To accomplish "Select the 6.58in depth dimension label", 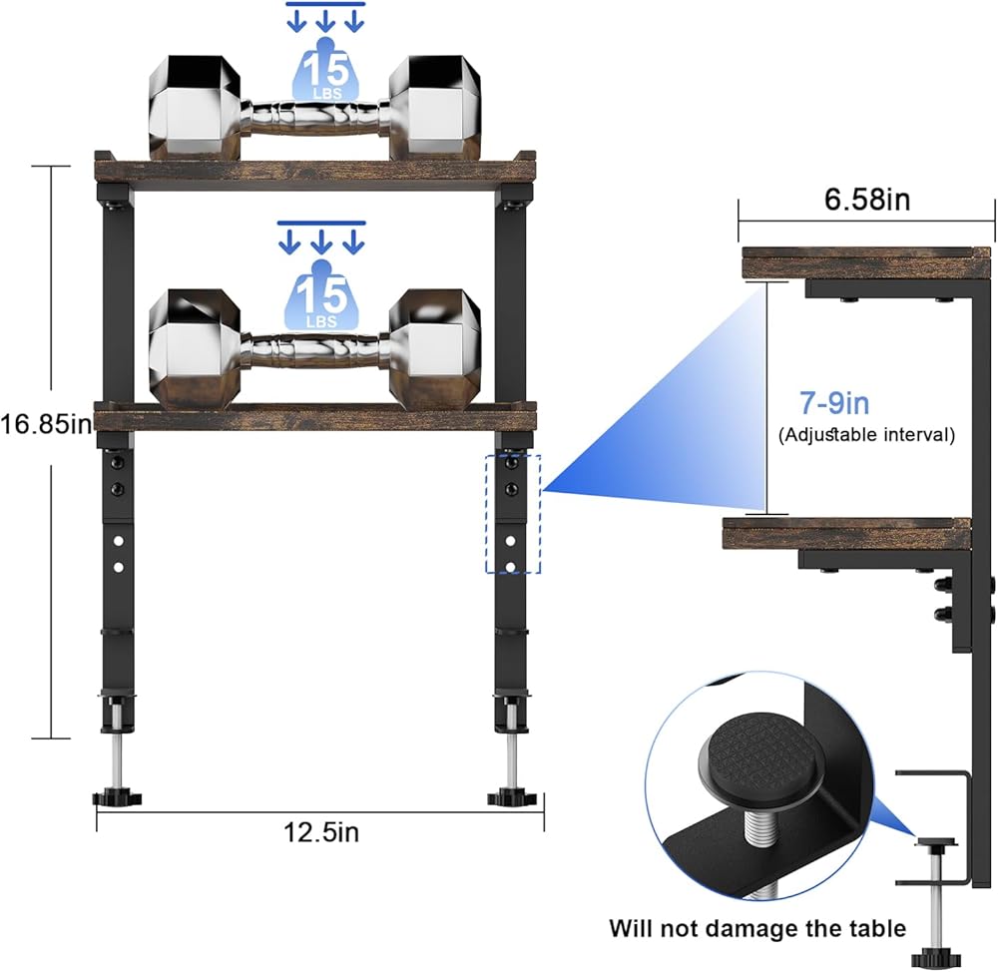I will tap(867, 200).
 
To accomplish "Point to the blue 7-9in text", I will tap(834, 404).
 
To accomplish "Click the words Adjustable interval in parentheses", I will tap(866, 435).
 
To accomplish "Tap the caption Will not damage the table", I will tap(757, 928).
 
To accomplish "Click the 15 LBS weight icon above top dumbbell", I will tap(320, 72).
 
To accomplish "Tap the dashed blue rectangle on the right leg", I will tap(513, 514).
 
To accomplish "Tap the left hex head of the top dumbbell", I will tap(196, 107).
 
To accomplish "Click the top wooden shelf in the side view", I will tap(864, 261).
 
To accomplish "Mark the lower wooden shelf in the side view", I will tap(846, 533).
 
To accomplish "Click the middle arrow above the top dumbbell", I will tap(320, 21).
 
